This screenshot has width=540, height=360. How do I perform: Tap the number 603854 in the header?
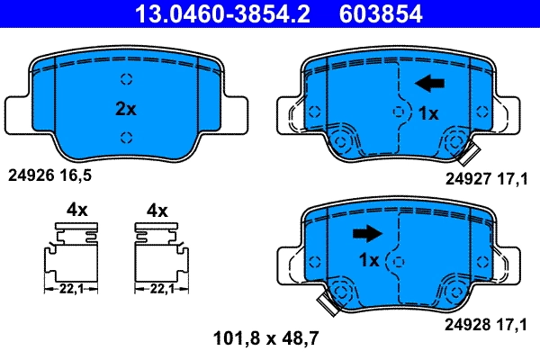379,14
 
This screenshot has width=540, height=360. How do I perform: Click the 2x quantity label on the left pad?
125,109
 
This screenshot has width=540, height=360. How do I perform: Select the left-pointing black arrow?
429,84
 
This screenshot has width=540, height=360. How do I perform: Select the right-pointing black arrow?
366,234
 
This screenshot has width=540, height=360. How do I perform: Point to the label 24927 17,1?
486,179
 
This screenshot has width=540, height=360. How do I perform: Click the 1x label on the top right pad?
428,113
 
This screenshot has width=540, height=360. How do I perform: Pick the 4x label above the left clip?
76,210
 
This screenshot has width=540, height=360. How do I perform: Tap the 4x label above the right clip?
157,210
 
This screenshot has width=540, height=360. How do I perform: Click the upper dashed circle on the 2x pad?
126,77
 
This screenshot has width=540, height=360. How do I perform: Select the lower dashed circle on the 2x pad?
126,137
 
